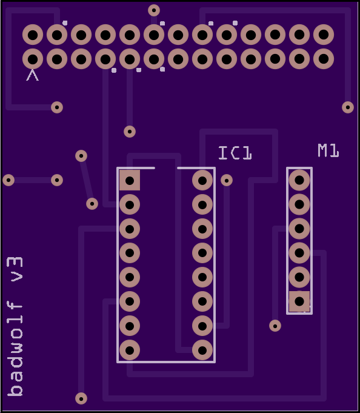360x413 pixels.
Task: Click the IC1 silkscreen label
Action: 235,153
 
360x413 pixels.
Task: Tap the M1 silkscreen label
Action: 328,150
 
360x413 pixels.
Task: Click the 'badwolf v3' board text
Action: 15,327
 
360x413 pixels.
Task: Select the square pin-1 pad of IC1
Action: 130,181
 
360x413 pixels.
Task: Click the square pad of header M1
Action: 299,301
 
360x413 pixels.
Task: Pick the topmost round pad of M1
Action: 299,180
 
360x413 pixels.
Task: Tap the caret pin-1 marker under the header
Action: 33,75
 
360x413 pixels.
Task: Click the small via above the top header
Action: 154,10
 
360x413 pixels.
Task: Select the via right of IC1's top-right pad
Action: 227,181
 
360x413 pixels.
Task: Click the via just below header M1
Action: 275,326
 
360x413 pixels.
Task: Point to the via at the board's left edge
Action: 8,180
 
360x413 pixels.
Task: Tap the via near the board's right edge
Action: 348,107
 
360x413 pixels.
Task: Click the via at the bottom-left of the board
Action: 81,398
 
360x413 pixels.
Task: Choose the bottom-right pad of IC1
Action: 202,351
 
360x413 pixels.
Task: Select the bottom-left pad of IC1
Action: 130,351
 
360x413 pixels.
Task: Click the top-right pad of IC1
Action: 202,181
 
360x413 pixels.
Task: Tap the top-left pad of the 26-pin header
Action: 33,35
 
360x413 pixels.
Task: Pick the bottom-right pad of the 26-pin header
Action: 324,59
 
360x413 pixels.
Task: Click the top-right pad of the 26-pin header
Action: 324,35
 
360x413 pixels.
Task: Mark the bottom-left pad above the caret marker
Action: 33,59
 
